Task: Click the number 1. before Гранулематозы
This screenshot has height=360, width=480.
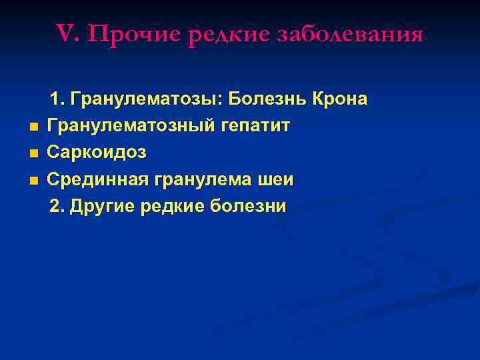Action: (57, 99)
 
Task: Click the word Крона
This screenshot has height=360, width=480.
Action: (339, 99)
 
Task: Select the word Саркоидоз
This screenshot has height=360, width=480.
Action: (97, 153)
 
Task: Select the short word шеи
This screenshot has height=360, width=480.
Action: (276, 180)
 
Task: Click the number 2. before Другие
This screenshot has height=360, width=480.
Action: (58, 207)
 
